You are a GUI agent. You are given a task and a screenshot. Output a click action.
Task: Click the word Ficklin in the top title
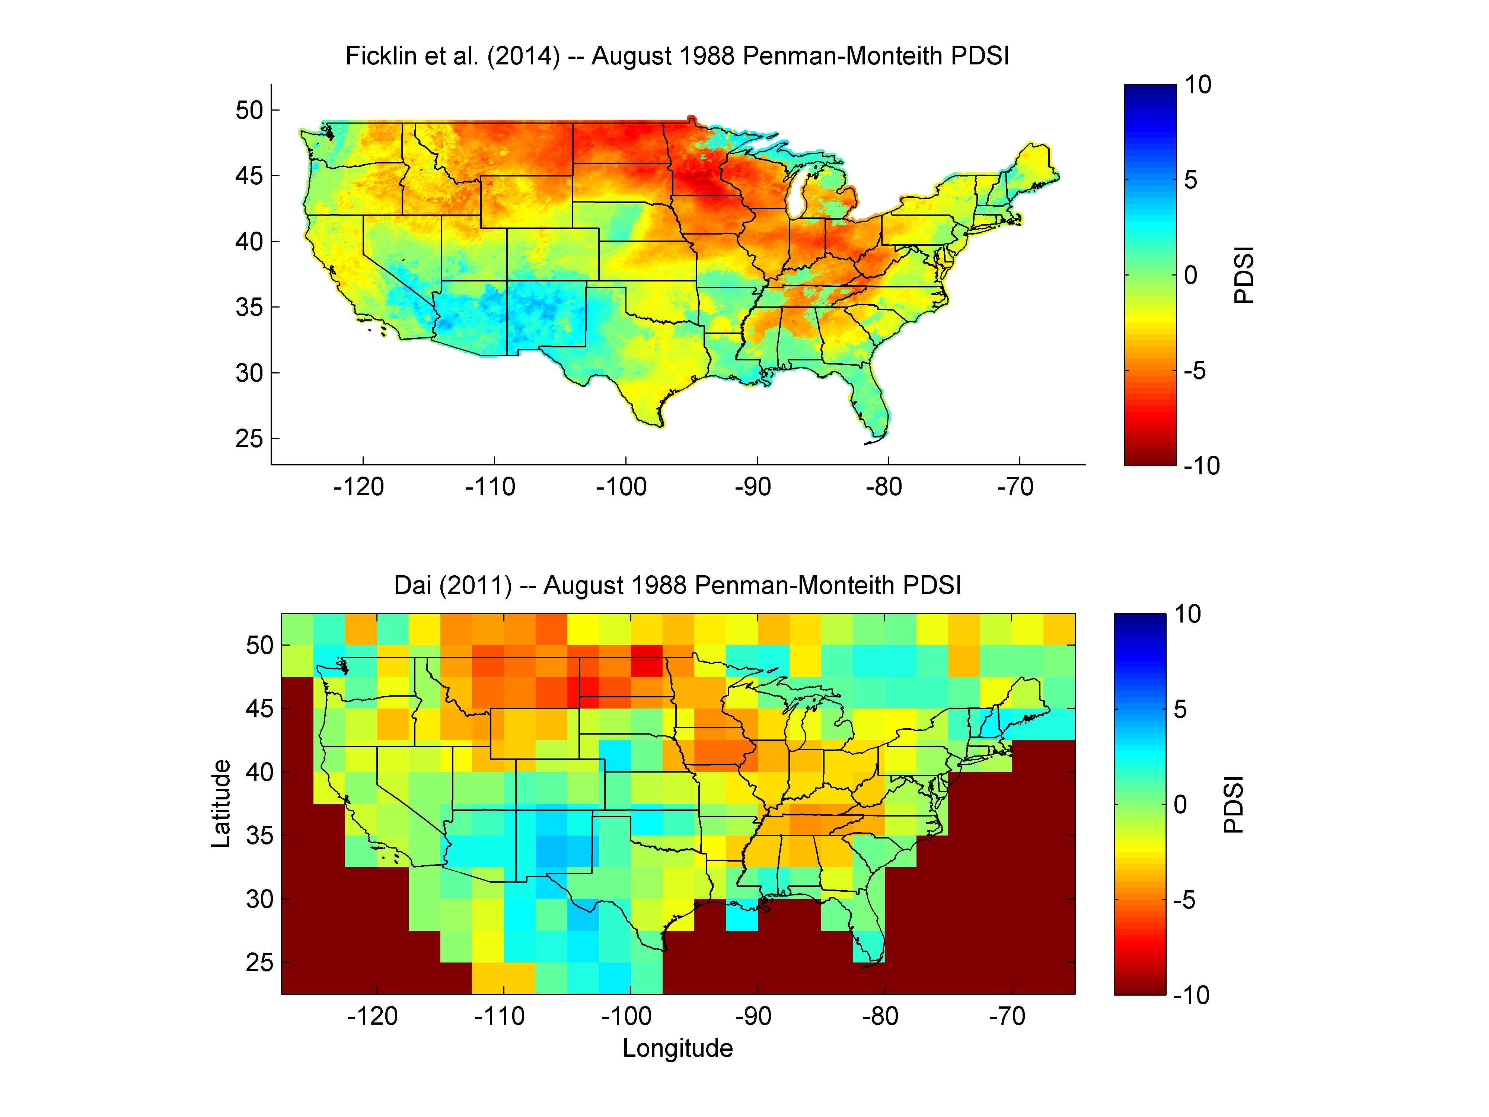click(381, 56)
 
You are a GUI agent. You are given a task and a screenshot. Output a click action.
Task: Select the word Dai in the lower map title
click(412, 585)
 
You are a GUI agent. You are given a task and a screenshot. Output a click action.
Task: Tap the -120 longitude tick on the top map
click(359, 486)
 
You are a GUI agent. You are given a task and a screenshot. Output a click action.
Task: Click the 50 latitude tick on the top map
click(249, 111)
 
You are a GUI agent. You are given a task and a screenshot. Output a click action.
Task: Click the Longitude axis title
click(678, 1048)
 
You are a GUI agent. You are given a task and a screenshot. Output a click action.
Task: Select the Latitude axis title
click(221, 803)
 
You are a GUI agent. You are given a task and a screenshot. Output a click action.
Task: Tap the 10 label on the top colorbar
click(1198, 85)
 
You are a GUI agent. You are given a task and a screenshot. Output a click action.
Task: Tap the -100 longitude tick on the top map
click(621, 486)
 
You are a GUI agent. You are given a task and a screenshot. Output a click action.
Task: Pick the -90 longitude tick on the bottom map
click(753, 1015)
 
